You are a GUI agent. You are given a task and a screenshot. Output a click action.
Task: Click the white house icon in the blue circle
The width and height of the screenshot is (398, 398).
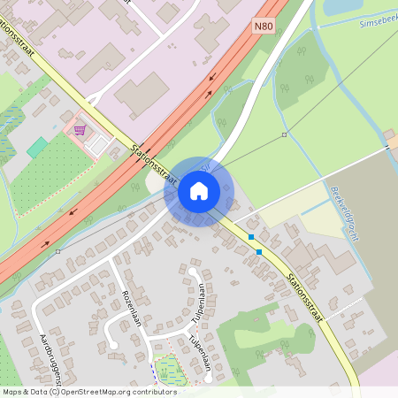tap(199, 190)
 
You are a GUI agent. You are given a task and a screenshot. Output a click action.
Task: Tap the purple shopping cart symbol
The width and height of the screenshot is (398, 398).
tap(80, 130)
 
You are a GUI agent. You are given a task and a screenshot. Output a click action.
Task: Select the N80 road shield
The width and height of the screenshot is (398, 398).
tap(263, 27)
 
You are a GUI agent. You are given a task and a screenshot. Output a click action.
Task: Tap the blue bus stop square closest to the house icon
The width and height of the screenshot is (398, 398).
tap(251, 237)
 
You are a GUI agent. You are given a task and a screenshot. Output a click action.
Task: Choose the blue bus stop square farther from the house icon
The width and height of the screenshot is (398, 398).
tap(259, 252)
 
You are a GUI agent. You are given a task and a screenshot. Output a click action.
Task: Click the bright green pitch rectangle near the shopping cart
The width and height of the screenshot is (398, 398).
tap(37, 148)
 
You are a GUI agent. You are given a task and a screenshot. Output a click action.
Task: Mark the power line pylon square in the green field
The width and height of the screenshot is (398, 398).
tap(284, 134)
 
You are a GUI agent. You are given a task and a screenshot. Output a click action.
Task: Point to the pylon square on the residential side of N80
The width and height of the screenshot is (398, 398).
tap(57, 251)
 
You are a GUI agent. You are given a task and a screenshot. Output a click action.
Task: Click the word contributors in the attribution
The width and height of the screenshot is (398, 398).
tap(152, 391)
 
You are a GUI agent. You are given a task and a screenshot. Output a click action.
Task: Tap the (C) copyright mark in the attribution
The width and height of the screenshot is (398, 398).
tap(55, 391)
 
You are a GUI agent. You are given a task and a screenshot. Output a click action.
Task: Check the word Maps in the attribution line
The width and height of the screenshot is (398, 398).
tap(12, 391)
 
